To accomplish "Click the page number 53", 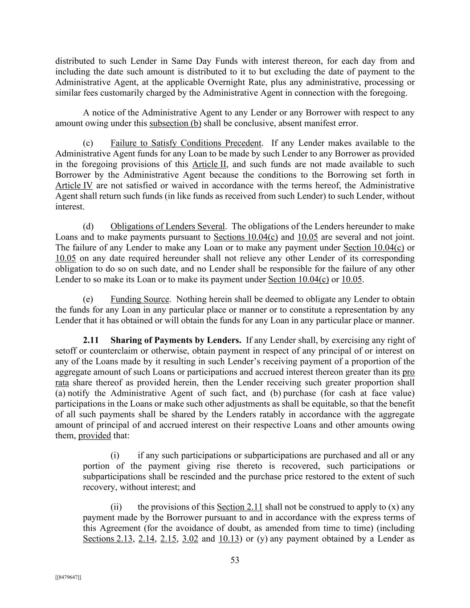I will (x=235, y=560).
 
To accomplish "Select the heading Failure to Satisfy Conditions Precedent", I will (x=185, y=143).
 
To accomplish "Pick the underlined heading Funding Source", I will (x=140, y=299).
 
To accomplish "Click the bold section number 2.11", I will (x=91, y=340).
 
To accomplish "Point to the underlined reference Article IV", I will (x=74, y=185).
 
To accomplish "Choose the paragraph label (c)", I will (x=88, y=143).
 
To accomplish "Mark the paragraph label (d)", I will (x=88, y=227).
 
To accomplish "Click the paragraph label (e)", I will (x=88, y=299).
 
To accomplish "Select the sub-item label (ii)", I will (x=116, y=507).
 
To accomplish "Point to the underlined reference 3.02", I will (x=190, y=539).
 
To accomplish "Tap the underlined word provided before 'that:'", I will (x=94, y=436).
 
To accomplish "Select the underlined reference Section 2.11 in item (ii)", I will (x=239, y=507).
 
